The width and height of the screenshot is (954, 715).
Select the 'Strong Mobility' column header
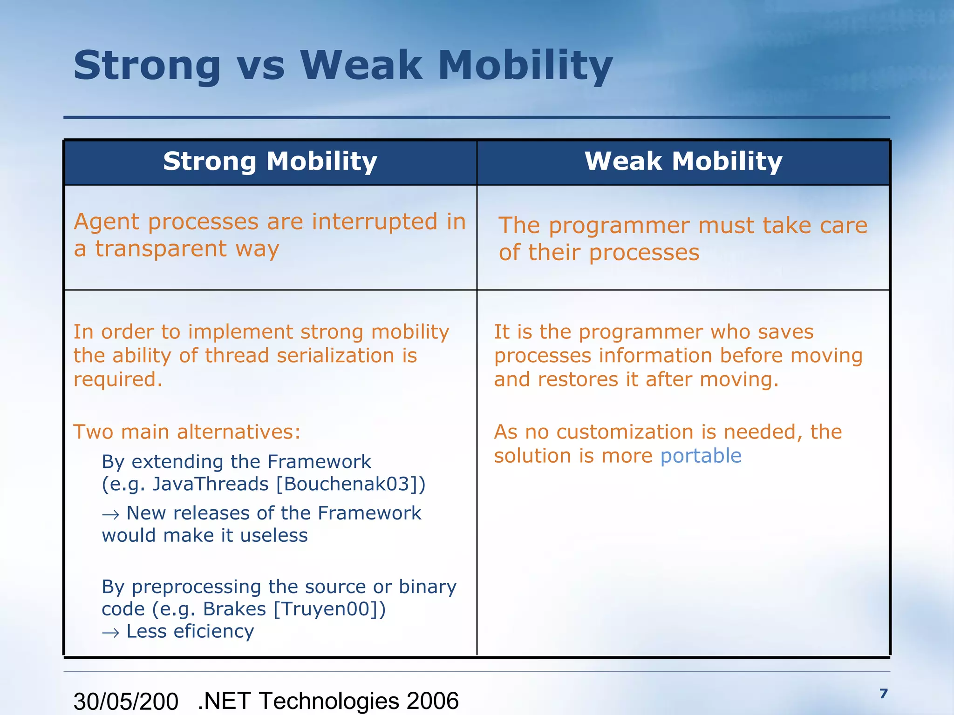point(270,162)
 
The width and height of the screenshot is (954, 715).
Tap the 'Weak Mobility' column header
point(683,162)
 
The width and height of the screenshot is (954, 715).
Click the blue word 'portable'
point(701,456)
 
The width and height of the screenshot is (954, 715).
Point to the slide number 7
point(884,694)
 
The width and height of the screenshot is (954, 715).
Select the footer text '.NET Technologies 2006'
point(328,701)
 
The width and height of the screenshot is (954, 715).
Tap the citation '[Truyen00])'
point(330,609)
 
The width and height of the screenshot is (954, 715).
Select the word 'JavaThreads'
point(211,484)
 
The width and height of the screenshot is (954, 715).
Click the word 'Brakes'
point(234,609)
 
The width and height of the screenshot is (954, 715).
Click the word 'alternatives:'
point(239,432)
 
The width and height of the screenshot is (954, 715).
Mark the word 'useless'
point(274,535)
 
